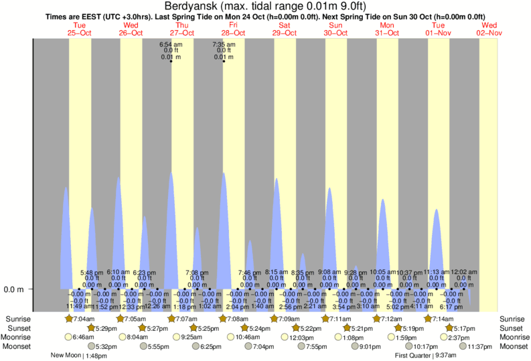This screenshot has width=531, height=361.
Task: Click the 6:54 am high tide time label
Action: click(x=171, y=44)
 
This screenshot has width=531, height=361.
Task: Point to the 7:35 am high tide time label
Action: click(x=224, y=44)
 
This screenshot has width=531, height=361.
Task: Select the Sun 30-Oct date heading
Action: click(x=335, y=29)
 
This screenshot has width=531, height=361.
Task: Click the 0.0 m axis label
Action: click(x=15, y=289)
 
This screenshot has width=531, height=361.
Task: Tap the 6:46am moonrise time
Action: click(x=83, y=338)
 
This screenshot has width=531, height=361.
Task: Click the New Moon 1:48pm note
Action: click(x=79, y=356)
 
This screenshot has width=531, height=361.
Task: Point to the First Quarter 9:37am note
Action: click(x=426, y=356)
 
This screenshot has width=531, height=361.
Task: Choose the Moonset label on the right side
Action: click(x=512, y=346)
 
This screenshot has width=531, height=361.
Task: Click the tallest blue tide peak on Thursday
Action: click(x=171, y=175)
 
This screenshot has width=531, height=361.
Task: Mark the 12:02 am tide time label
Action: click(x=463, y=273)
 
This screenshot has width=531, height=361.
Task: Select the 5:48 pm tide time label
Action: click(x=91, y=273)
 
